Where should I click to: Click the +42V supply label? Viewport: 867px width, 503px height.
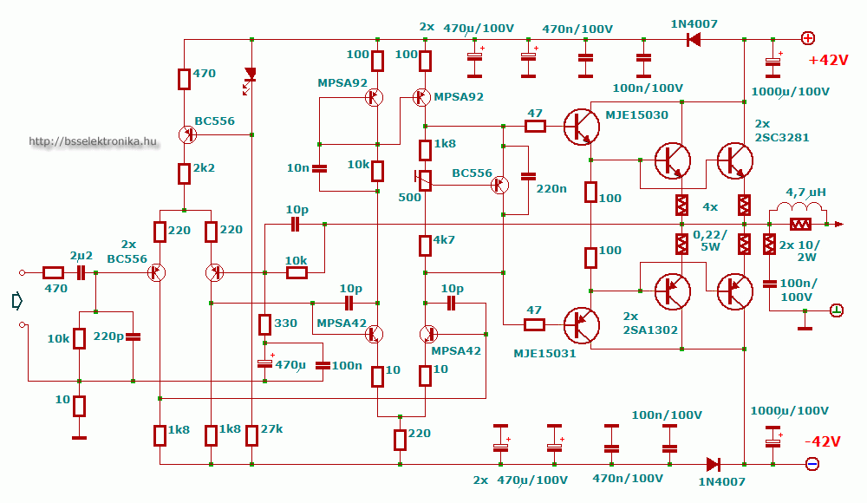tap(828, 60)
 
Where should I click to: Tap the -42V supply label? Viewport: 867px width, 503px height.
tap(823, 441)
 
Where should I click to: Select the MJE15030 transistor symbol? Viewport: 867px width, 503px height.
tap(582, 127)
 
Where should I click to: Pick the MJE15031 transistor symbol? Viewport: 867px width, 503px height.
tap(582, 325)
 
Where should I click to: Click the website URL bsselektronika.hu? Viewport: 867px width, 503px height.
tap(93, 141)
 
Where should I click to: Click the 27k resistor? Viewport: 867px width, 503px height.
tap(251, 435)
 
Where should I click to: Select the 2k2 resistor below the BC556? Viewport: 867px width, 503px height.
tap(184, 173)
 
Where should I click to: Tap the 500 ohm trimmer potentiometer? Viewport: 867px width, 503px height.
tap(425, 180)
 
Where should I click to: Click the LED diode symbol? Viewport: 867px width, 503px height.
tap(251, 74)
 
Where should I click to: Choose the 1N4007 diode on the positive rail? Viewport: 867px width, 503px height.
tap(694, 39)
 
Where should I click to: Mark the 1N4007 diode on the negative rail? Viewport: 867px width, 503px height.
tap(714, 464)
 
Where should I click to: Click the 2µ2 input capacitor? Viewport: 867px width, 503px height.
tap(81, 272)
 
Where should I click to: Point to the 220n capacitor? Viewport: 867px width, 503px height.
tap(529, 177)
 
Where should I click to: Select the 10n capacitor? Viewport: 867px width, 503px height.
tap(320, 168)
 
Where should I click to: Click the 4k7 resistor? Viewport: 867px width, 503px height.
tap(425, 245)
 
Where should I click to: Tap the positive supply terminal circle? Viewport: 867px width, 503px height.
tap(808, 38)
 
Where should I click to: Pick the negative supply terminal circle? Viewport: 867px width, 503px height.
tap(812, 464)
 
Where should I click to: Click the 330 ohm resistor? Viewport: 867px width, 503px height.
tap(264, 325)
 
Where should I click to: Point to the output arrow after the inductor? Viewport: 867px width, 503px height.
tap(838, 224)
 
